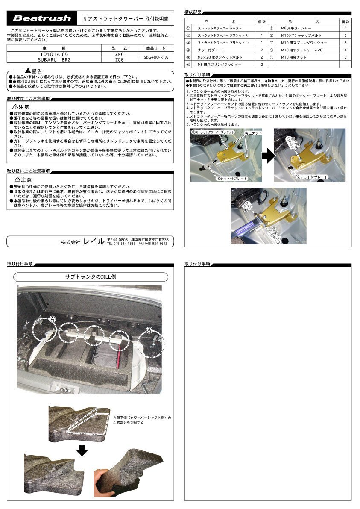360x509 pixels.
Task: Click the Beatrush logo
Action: coord(41,18)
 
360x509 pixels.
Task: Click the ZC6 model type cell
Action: coord(120,60)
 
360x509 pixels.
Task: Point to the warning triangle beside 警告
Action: coord(27,70)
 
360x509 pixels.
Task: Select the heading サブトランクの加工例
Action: coord(90,277)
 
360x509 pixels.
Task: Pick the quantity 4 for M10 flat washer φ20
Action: coord(345,50)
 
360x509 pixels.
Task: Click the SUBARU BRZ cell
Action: coord(54,60)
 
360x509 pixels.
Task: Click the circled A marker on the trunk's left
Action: coord(52,319)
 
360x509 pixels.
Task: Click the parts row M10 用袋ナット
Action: coord(299,57)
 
